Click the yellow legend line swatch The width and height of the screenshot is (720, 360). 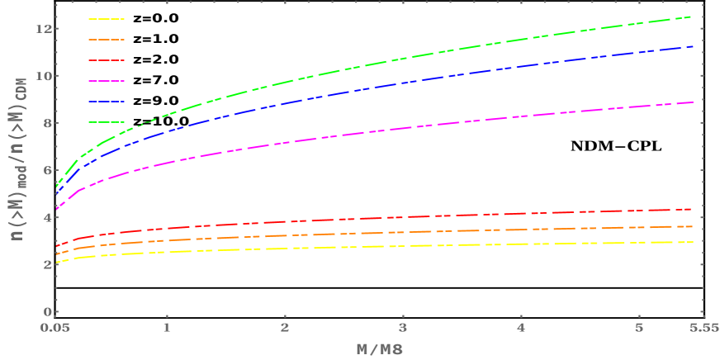pos(107,18)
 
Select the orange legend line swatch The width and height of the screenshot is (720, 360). pos(107,40)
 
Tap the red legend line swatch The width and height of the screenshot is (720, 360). pos(107,60)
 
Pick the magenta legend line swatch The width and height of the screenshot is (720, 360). pos(107,81)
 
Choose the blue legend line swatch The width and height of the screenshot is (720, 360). pos(107,102)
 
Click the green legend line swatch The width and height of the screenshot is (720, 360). pos(107,122)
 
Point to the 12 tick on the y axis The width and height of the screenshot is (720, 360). pos(44,29)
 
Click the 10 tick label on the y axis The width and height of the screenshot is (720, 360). pos(44,76)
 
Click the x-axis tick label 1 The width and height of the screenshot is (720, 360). pos(168,328)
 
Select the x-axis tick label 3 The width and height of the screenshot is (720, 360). pos(403,328)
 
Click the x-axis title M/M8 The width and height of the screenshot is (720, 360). pos(379,349)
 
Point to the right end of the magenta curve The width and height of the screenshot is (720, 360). pos(691,102)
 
